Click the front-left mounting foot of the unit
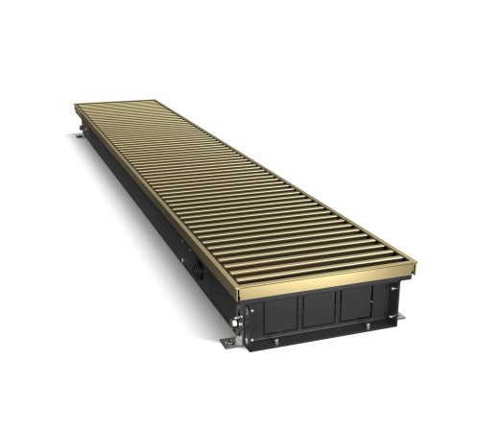[x=228, y=343]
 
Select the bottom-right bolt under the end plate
[x=368, y=324]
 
